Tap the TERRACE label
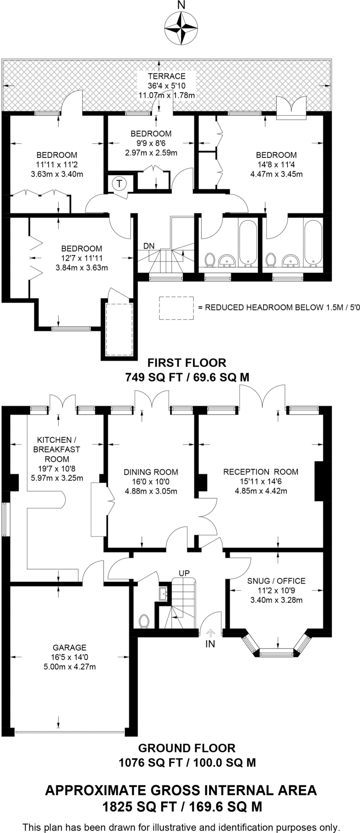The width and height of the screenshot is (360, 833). tap(166, 76)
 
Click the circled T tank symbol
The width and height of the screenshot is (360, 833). tap(119, 183)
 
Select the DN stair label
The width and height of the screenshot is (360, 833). tap(149, 246)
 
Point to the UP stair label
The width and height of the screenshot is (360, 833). tap(184, 573)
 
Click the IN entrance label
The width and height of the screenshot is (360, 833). tap(210, 644)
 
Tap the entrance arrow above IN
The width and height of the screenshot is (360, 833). tap(210, 633)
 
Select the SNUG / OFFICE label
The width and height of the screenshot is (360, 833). tap(276, 581)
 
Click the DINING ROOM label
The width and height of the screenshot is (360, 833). tap(151, 472)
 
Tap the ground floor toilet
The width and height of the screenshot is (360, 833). tap(144, 621)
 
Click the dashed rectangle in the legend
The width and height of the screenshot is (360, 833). tap(176, 308)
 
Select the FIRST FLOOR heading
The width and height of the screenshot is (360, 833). tap(187, 362)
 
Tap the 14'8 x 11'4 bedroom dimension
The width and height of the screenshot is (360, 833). tap(276, 165)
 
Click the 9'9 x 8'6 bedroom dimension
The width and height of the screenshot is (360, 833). tap(151, 143)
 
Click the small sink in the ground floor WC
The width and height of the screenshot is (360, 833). tap(164, 593)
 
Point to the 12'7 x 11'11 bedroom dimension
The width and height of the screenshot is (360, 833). tap(81, 258)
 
